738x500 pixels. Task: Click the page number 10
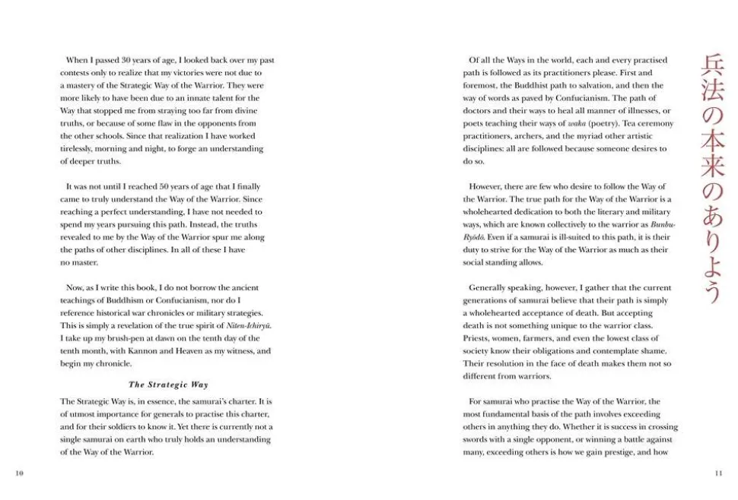pyautogui.click(x=20, y=473)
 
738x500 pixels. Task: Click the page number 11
pyautogui.click(x=718, y=473)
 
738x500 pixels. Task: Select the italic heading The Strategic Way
pyautogui.click(x=168, y=384)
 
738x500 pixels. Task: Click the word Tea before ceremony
pyautogui.click(x=626, y=123)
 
